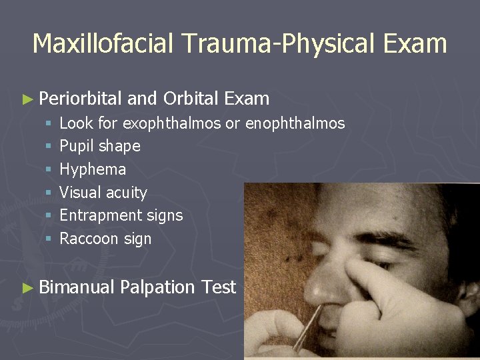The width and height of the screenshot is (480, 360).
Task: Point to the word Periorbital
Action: tap(80, 99)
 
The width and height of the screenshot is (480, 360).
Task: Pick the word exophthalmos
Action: tap(172, 123)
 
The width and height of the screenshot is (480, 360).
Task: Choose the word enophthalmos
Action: tap(295, 123)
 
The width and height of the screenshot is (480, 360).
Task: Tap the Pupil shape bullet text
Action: tap(100, 146)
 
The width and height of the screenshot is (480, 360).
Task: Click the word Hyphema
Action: tap(93, 169)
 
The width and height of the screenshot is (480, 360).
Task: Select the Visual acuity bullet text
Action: tap(103, 193)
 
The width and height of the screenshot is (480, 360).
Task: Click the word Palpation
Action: tap(158, 287)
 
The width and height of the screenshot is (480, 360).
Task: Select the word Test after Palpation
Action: tap(219, 287)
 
